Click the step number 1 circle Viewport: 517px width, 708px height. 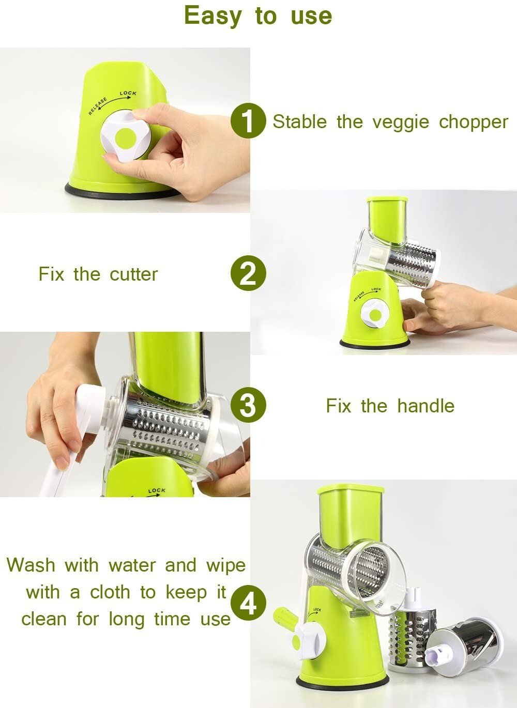coord(248,120)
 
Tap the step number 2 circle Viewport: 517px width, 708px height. coord(248,273)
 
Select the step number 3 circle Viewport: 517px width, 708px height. coord(248,405)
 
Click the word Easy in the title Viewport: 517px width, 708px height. coord(213,17)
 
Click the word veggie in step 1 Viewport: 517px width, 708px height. coord(401,123)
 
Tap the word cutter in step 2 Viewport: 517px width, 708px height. coord(133,274)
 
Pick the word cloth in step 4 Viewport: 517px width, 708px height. coord(110,592)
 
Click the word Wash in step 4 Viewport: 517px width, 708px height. coord(31,565)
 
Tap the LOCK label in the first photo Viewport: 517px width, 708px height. coord(128,93)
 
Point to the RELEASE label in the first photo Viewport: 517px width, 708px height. coord(98,106)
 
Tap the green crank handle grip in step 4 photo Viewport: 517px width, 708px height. coord(285,617)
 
